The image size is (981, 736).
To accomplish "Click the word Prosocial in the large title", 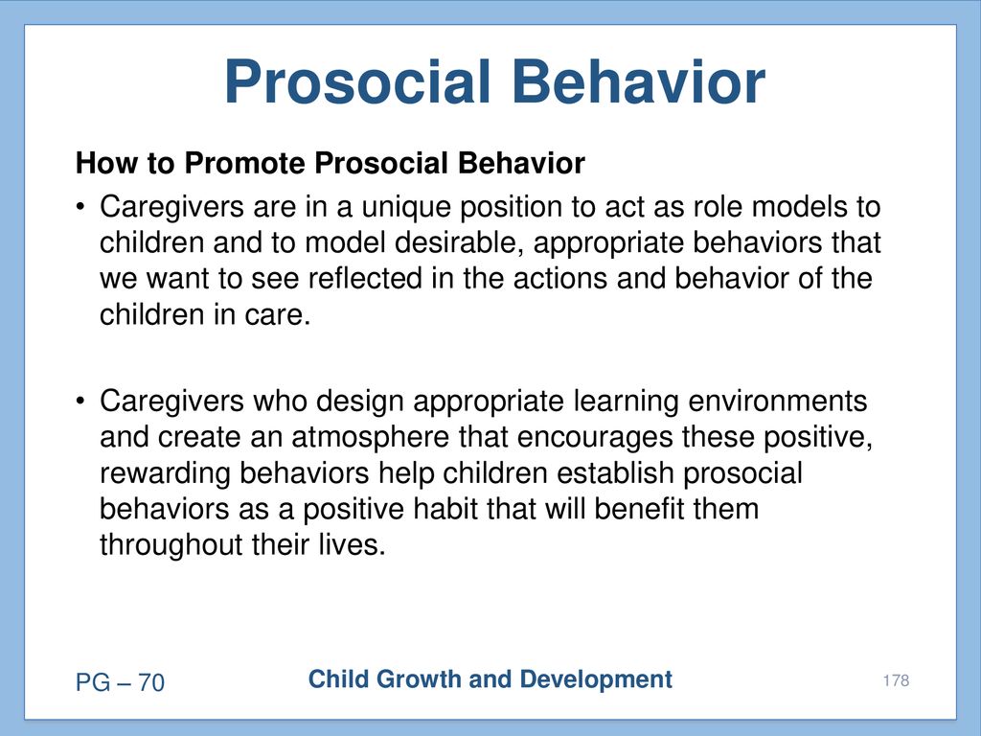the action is coord(357,82).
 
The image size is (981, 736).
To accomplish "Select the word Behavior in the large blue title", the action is coord(639,82).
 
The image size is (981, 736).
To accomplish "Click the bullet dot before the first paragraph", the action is coord(80,206).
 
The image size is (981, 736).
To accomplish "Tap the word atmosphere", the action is coord(370,438).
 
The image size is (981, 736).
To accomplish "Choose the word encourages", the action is coord(595,438).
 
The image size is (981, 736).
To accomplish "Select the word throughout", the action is coord(171,545).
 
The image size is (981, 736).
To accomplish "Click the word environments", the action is coord(778,402).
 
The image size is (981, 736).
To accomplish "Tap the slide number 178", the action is coord(896,680).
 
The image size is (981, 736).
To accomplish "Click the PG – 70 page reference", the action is coord(120,682).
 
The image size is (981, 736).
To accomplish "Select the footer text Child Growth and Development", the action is coord(490,679).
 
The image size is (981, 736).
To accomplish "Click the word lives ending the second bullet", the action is coord(352,545).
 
